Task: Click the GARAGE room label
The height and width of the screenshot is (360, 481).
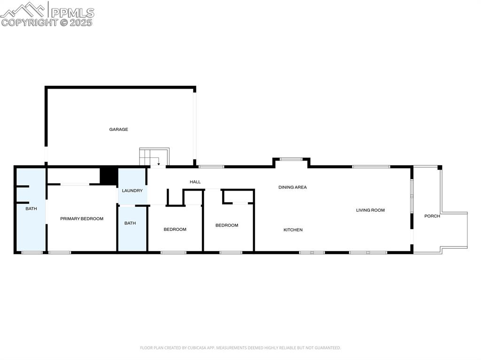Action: tap(118, 130)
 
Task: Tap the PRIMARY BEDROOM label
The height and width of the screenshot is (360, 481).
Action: tap(82, 219)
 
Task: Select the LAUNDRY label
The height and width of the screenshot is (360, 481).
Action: tap(132, 191)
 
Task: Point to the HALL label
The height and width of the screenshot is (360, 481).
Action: tap(195, 182)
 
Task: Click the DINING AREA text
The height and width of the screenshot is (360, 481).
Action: tap(292, 187)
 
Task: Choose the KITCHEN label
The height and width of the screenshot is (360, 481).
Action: tap(293, 230)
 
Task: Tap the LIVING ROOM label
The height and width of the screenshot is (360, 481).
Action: tap(370, 210)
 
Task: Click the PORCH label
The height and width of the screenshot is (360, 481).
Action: tap(432, 216)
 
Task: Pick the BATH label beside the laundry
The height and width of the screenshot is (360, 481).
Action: tap(130, 223)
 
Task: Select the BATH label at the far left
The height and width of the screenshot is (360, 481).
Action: tap(31, 208)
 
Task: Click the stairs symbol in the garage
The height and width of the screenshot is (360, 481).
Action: tap(154, 157)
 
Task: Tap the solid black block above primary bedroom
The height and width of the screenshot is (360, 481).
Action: tap(109, 176)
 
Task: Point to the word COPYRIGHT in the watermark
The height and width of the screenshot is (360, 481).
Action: tap(30, 22)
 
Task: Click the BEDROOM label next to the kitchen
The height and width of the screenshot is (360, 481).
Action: tap(226, 225)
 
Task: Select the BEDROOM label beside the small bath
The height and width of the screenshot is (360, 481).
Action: tap(175, 230)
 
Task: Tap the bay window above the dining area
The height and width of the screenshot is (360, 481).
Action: tap(291, 160)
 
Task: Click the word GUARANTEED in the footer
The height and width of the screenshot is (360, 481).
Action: tap(328, 348)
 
